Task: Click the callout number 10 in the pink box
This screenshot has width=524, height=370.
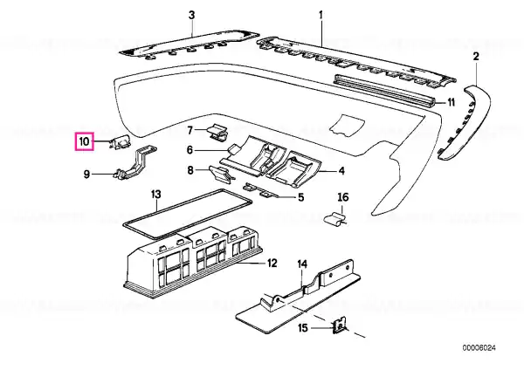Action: click(x=84, y=141)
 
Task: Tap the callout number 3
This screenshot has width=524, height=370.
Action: click(x=191, y=15)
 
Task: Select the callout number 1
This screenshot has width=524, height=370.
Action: click(x=321, y=16)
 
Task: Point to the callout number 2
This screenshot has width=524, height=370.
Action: click(x=476, y=56)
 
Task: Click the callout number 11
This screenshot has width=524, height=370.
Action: click(x=452, y=102)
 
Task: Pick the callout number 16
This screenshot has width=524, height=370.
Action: click(x=343, y=197)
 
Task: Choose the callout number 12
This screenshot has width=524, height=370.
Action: click(x=272, y=264)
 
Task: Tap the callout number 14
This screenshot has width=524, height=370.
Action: click(x=302, y=264)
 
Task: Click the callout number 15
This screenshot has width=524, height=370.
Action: click(x=302, y=328)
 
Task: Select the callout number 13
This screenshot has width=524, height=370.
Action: click(x=156, y=195)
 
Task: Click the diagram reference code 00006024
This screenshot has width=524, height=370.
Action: click(x=479, y=348)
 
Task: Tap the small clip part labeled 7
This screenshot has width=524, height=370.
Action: click(x=218, y=132)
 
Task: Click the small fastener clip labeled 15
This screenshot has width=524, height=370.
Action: click(x=339, y=326)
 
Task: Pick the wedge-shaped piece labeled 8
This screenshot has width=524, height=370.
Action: click(x=221, y=174)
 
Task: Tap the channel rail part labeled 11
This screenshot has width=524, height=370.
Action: click(x=385, y=89)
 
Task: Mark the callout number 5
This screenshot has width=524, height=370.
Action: click(x=300, y=197)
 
